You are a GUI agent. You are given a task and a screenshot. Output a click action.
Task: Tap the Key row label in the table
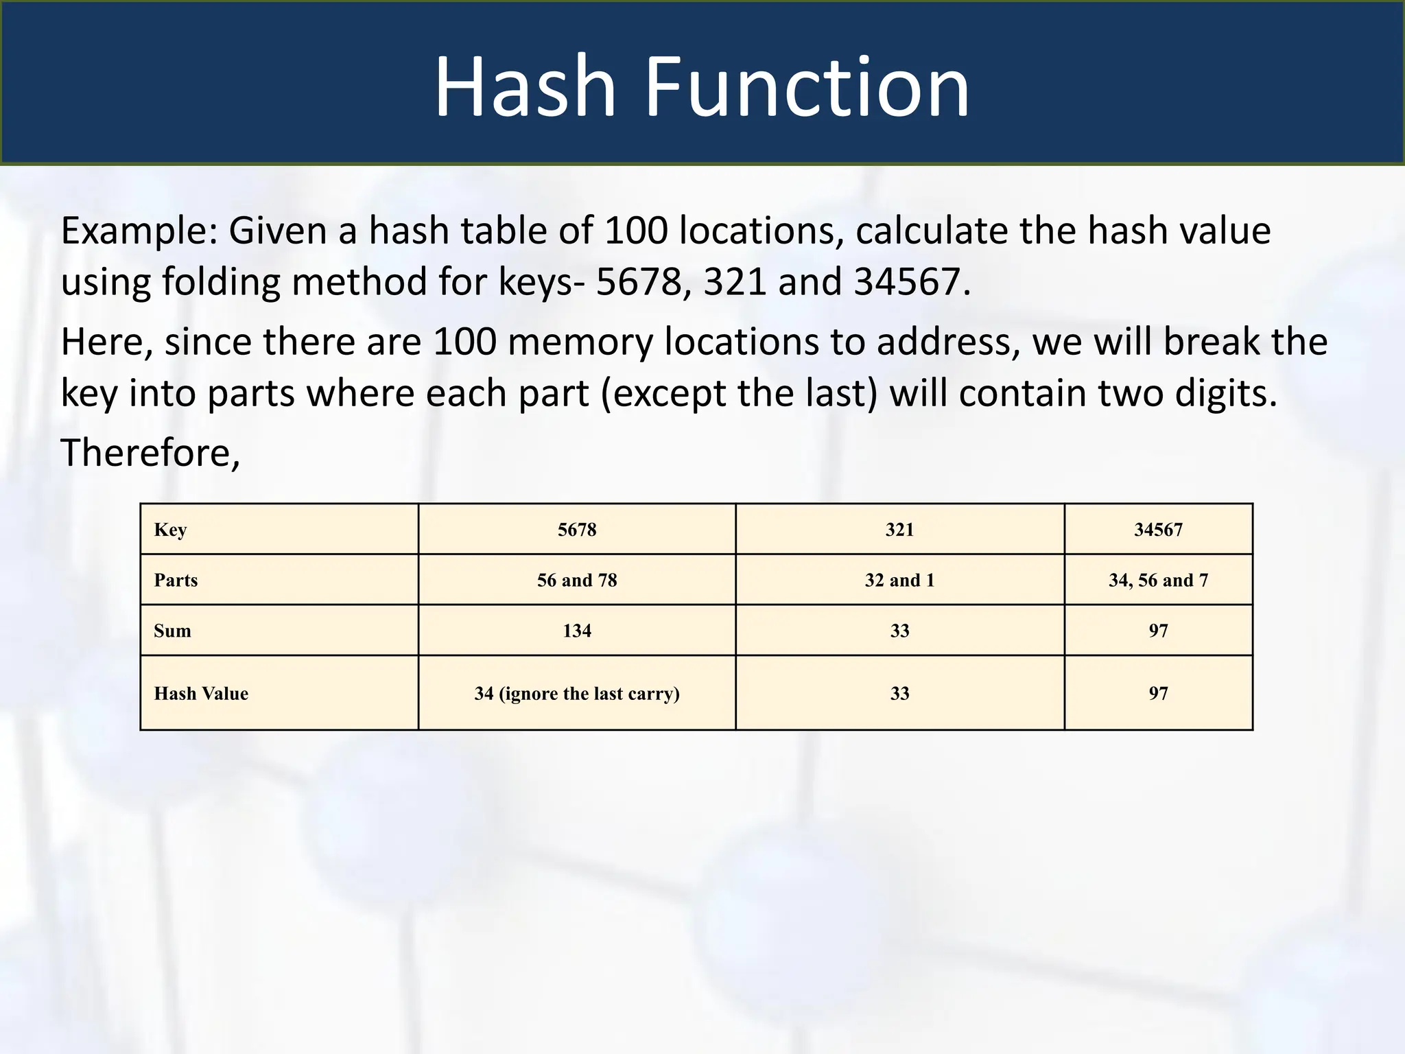click(170, 529)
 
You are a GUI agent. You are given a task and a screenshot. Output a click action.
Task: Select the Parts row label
click(176, 580)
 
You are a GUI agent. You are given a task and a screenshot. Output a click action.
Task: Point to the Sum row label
click(172, 631)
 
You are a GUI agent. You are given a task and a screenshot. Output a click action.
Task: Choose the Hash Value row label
click(201, 693)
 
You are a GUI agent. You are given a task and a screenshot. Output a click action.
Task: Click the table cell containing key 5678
click(577, 529)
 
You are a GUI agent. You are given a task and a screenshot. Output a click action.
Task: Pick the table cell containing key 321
click(899, 529)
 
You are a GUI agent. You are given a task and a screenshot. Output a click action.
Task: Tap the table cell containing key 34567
click(1158, 529)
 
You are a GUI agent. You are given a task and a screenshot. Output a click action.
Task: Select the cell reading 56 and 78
click(577, 580)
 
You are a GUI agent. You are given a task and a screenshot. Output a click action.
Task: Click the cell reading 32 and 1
click(899, 580)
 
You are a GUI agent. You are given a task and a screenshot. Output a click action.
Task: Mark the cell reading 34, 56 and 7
click(1158, 580)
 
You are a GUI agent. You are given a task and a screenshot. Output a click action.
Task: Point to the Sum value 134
click(577, 631)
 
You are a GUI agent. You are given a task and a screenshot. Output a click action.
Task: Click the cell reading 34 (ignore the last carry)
click(577, 693)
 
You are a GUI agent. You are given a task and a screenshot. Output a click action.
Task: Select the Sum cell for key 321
click(899, 631)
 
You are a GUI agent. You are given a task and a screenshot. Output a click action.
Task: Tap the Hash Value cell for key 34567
click(1158, 693)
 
